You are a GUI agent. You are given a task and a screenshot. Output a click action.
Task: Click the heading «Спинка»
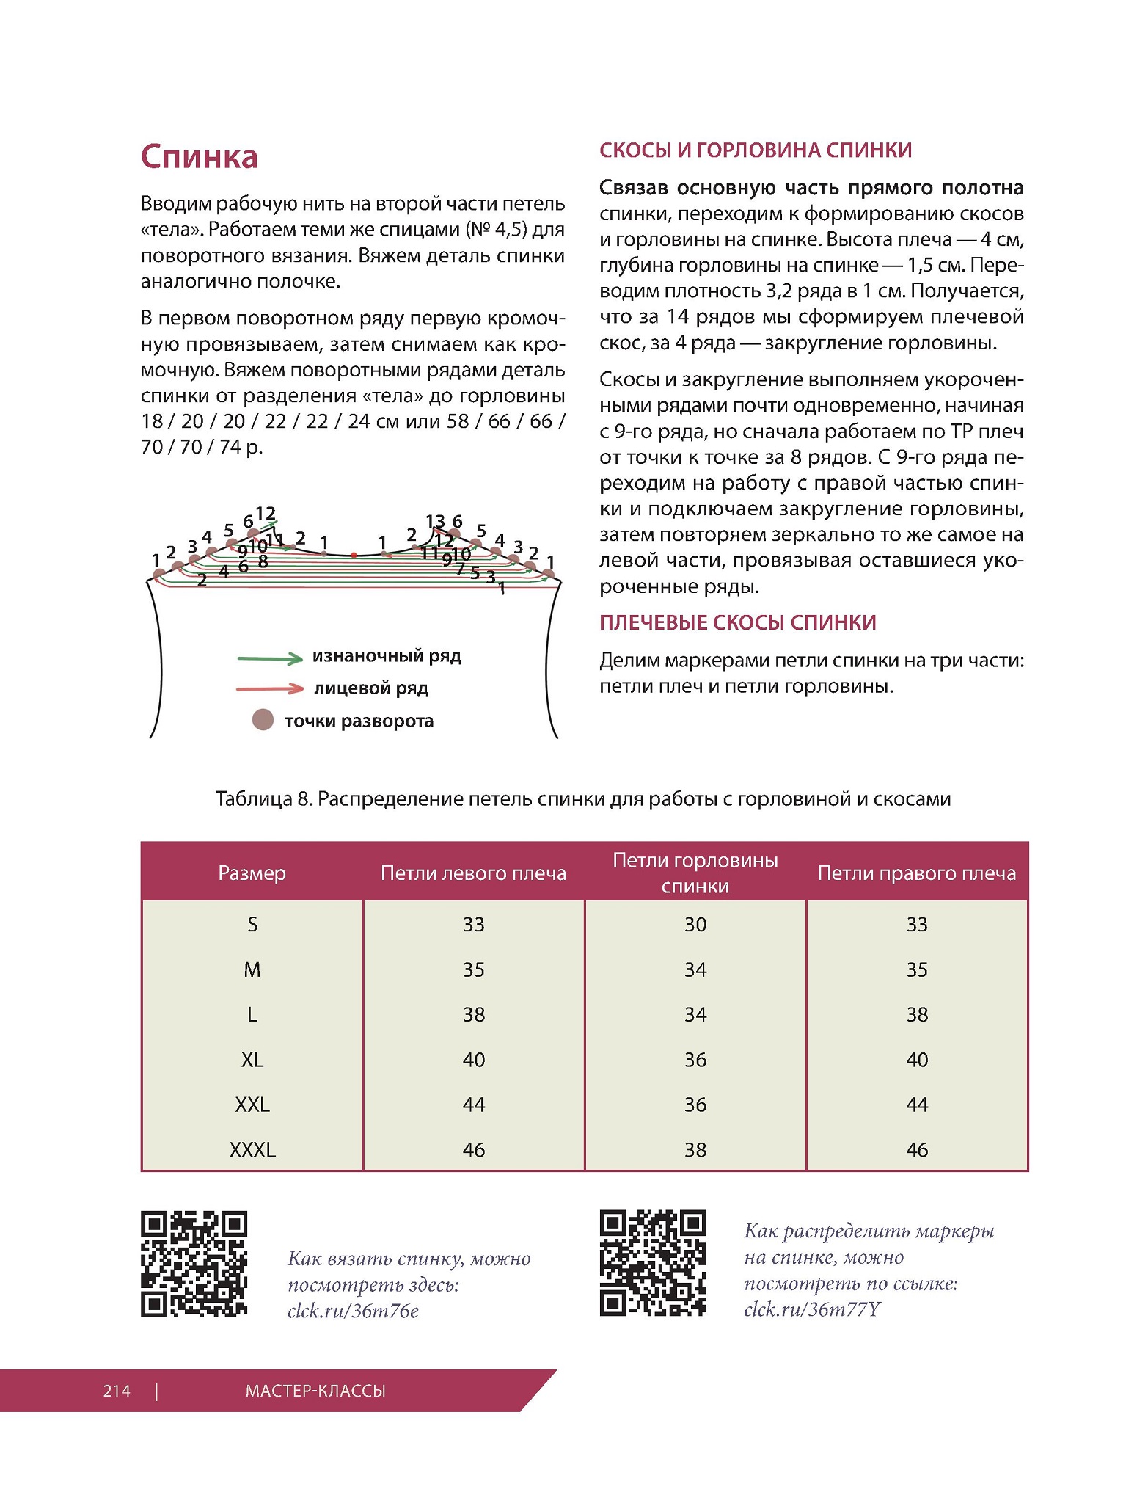pos(199,157)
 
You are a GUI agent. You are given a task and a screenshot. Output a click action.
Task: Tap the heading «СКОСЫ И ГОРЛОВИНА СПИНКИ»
pos(755,150)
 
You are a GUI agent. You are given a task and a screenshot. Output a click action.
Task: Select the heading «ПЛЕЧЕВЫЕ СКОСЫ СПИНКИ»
pos(737,622)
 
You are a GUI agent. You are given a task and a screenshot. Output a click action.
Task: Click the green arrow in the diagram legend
pos(270,658)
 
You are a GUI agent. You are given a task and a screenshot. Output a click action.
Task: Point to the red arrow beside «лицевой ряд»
pos(270,688)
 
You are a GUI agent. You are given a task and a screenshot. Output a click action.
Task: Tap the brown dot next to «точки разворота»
pos(263,720)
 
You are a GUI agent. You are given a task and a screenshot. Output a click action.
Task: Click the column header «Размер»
pos(252,873)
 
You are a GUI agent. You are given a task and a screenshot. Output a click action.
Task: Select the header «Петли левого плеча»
pos(473,873)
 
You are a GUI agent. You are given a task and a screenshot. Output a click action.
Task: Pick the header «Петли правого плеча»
pos(916,873)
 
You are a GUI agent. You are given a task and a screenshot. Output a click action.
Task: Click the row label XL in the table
pos(252,1059)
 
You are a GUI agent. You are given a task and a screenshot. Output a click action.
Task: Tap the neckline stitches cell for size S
pos(695,924)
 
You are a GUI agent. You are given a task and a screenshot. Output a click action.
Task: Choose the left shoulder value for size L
pos(473,1014)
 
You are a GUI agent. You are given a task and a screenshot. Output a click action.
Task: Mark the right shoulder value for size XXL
pos(916,1104)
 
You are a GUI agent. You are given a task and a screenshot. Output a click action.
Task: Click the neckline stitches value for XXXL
pos(695,1149)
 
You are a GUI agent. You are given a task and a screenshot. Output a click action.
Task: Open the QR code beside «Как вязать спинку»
pos(194,1264)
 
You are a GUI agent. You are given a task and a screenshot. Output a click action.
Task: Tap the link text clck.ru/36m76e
pos(353,1311)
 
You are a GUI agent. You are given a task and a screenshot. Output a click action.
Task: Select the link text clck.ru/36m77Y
pos(811,1309)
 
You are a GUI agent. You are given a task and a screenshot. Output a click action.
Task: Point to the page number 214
pos(117,1391)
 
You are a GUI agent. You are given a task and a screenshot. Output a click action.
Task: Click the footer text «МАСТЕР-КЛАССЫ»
pos(315,1391)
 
